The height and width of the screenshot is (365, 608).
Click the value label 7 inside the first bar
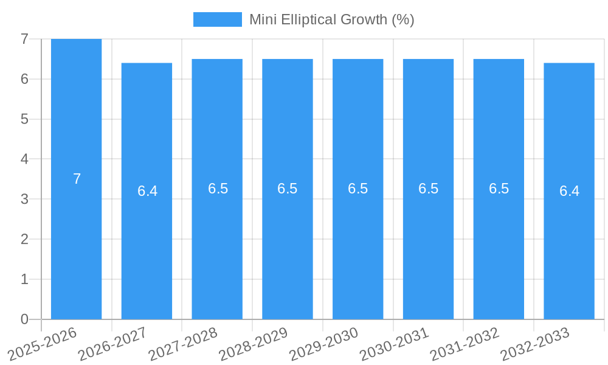(77, 179)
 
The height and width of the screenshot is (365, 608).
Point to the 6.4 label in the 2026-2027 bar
(147, 191)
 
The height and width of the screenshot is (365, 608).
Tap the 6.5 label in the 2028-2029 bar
(288, 189)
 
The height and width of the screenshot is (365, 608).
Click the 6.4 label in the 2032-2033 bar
(569, 191)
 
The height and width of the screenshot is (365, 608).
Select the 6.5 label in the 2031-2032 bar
(499, 189)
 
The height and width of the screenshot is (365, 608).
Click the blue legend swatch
(217, 19)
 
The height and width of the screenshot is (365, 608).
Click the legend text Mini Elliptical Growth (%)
(331, 19)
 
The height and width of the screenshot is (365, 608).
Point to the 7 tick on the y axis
(24, 39)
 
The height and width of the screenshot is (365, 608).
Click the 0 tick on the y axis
(24, 319)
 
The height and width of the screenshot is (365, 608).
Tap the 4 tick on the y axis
(24, 159)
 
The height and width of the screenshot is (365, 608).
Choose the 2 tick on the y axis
(24, 239)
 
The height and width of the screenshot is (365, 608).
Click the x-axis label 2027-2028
(183, 344)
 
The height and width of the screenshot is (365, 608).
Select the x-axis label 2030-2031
(394, 344)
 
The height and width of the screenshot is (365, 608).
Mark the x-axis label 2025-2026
(42, 344)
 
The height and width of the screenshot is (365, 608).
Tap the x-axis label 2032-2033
(535, 344)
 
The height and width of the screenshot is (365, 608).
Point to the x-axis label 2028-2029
(253, 344)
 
